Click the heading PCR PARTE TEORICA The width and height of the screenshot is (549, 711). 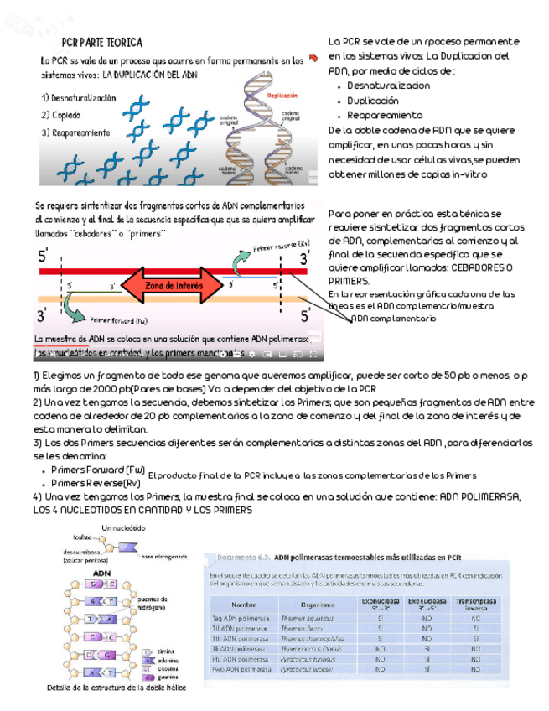101,43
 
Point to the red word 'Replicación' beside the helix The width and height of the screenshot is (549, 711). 282,96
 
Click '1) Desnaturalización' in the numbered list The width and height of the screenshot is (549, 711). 79,98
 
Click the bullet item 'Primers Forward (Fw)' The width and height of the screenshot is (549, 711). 98,470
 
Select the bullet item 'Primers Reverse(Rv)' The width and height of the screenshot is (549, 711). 96,484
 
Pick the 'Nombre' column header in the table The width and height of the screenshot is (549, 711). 244,604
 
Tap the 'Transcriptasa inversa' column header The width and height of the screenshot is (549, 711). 474,604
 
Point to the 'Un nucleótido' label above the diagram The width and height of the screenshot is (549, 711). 123,527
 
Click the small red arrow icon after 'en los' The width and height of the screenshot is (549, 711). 313,57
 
